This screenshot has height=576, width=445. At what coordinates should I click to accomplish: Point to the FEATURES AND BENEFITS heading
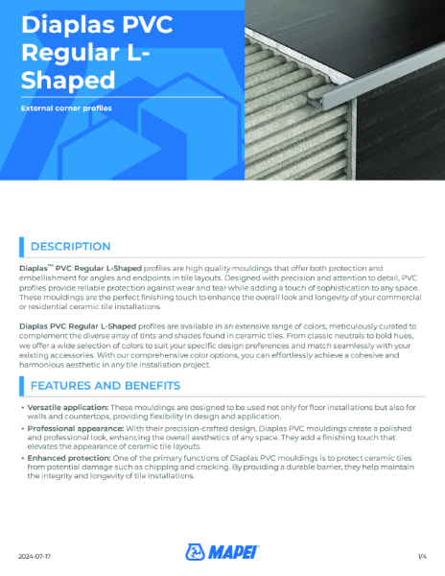[x=105, y=386]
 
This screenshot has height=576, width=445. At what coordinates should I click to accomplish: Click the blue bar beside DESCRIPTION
[x=22, y=247]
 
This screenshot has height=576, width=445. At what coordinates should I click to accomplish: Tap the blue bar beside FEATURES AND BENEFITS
[x=22, y=386]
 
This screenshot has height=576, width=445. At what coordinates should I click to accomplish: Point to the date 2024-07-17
[x=36, y=556]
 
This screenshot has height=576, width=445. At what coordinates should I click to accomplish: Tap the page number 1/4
[x=421, y=556]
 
